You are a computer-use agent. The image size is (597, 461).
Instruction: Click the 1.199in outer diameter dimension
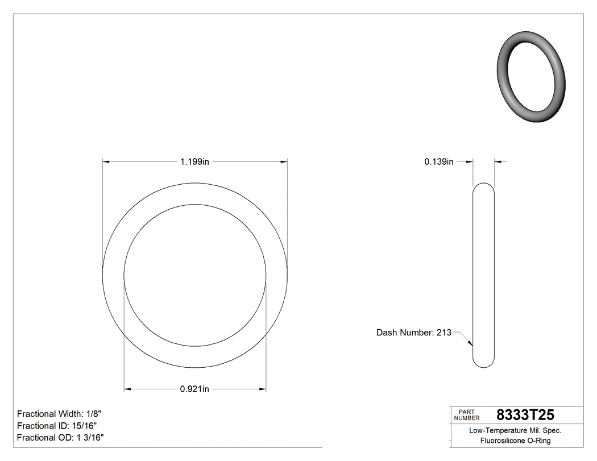pyautogui.click(x=195, y=162)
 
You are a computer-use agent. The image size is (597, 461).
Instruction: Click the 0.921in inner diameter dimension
pyautogui.click(x=195, y=389)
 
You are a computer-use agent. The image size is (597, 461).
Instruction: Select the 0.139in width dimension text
pyautogui.click(x=439, y=162)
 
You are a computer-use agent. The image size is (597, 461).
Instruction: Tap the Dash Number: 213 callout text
pyautogui.click(x=413, y=333)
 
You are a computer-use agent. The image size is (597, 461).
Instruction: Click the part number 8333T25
pyautogui.click(x=525, y=415)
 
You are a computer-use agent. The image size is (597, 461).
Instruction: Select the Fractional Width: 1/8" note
pyautogui.click(x=59, y=414)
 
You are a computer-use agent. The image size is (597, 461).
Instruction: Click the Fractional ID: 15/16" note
pyautogui.click(x=57, y=426)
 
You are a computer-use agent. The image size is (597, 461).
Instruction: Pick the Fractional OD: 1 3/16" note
pyautogui.click(x=60, y=438)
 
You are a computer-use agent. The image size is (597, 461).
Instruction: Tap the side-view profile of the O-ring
pyautogui.click(x=484, y=275)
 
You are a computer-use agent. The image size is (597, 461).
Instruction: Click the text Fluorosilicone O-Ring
pyautogui.click(x=515, y=441)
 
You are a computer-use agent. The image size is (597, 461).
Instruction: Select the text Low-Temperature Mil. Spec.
pyautogui.click(x=515, y=431)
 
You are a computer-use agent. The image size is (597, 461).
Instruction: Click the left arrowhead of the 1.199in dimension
pyautogui.click(x=106, y=162)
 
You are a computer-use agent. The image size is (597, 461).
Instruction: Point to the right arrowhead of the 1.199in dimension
pyautogui.click(x=283, y=162)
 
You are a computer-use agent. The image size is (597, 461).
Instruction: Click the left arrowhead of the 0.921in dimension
pyautogui.click(x=128, y=389)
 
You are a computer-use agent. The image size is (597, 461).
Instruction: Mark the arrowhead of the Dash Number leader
pyautogui.click(x=470, y=343)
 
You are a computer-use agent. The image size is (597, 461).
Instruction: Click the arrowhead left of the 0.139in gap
pyautogui.click(x=470, y=162)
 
